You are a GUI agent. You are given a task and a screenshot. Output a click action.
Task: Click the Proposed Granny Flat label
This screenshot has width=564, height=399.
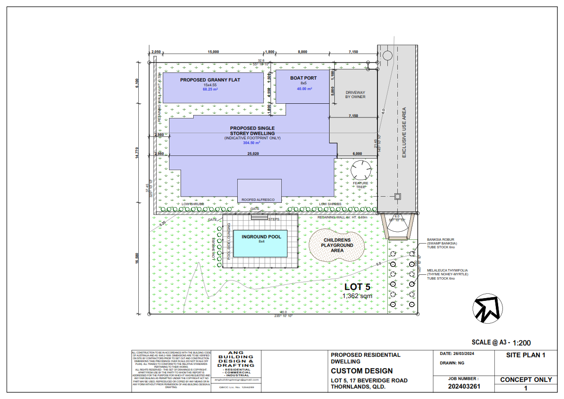pos(210,80)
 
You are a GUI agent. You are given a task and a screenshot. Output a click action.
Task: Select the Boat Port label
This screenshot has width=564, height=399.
pos(304,78)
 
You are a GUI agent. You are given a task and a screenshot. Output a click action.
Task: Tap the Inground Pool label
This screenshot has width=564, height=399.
pos(261,236)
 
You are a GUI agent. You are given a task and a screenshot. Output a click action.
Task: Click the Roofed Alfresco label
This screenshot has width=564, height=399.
pos(259,200)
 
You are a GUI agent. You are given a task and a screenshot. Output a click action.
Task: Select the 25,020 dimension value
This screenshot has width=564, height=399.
pos(253,154)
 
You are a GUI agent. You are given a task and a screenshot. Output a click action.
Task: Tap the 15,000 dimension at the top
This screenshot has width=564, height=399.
pos(213,52)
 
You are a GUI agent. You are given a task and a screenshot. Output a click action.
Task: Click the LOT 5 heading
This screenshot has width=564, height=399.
pos(357,287)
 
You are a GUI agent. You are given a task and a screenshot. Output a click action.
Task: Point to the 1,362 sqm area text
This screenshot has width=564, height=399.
pos(358,296)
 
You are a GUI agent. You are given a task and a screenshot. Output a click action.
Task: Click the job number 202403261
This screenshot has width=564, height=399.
pos(464,386)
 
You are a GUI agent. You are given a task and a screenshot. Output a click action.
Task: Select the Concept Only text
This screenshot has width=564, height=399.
pos(526,380)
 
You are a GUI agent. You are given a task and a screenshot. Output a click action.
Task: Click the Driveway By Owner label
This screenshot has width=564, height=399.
pos(355,94)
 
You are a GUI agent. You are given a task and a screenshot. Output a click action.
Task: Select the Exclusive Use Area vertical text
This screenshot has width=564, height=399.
pos(404,133)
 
